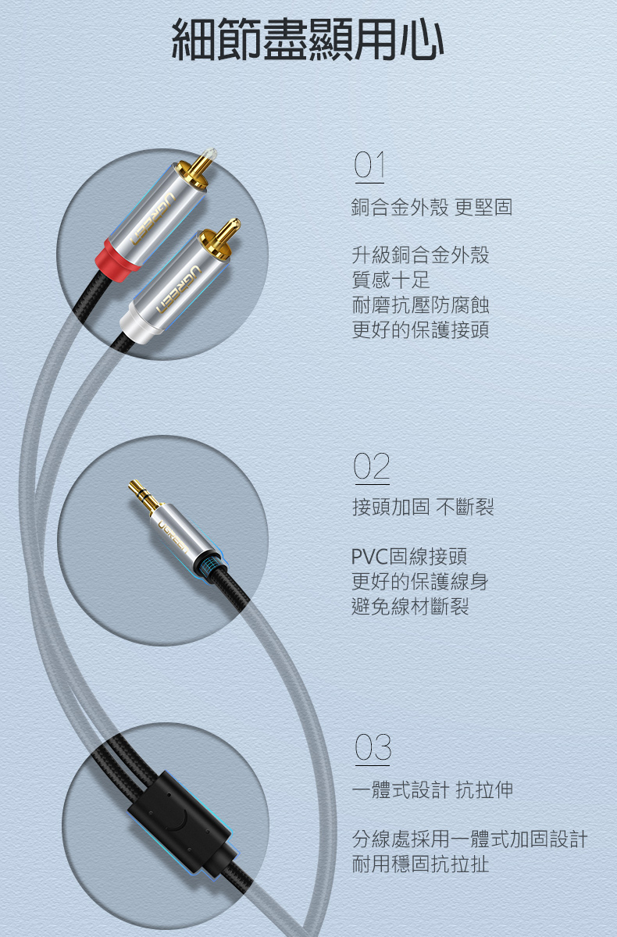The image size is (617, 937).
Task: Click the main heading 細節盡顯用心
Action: click(x=308, y=39)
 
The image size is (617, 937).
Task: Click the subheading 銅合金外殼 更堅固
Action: click(x=432, y=207)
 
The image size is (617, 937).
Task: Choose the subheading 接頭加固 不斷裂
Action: click(x=423, y=507)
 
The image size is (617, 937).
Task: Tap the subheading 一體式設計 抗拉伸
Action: click(x=433, y=789)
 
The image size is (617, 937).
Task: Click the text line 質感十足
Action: click(x=391, y=280)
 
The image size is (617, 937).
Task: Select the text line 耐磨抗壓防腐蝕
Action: click(x=420, y=305)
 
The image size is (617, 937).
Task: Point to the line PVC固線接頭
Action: click(x=409, y=556)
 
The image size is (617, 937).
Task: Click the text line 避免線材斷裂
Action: click(x=410, y=607)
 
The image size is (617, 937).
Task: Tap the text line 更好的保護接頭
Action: click(x=420, y=330)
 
